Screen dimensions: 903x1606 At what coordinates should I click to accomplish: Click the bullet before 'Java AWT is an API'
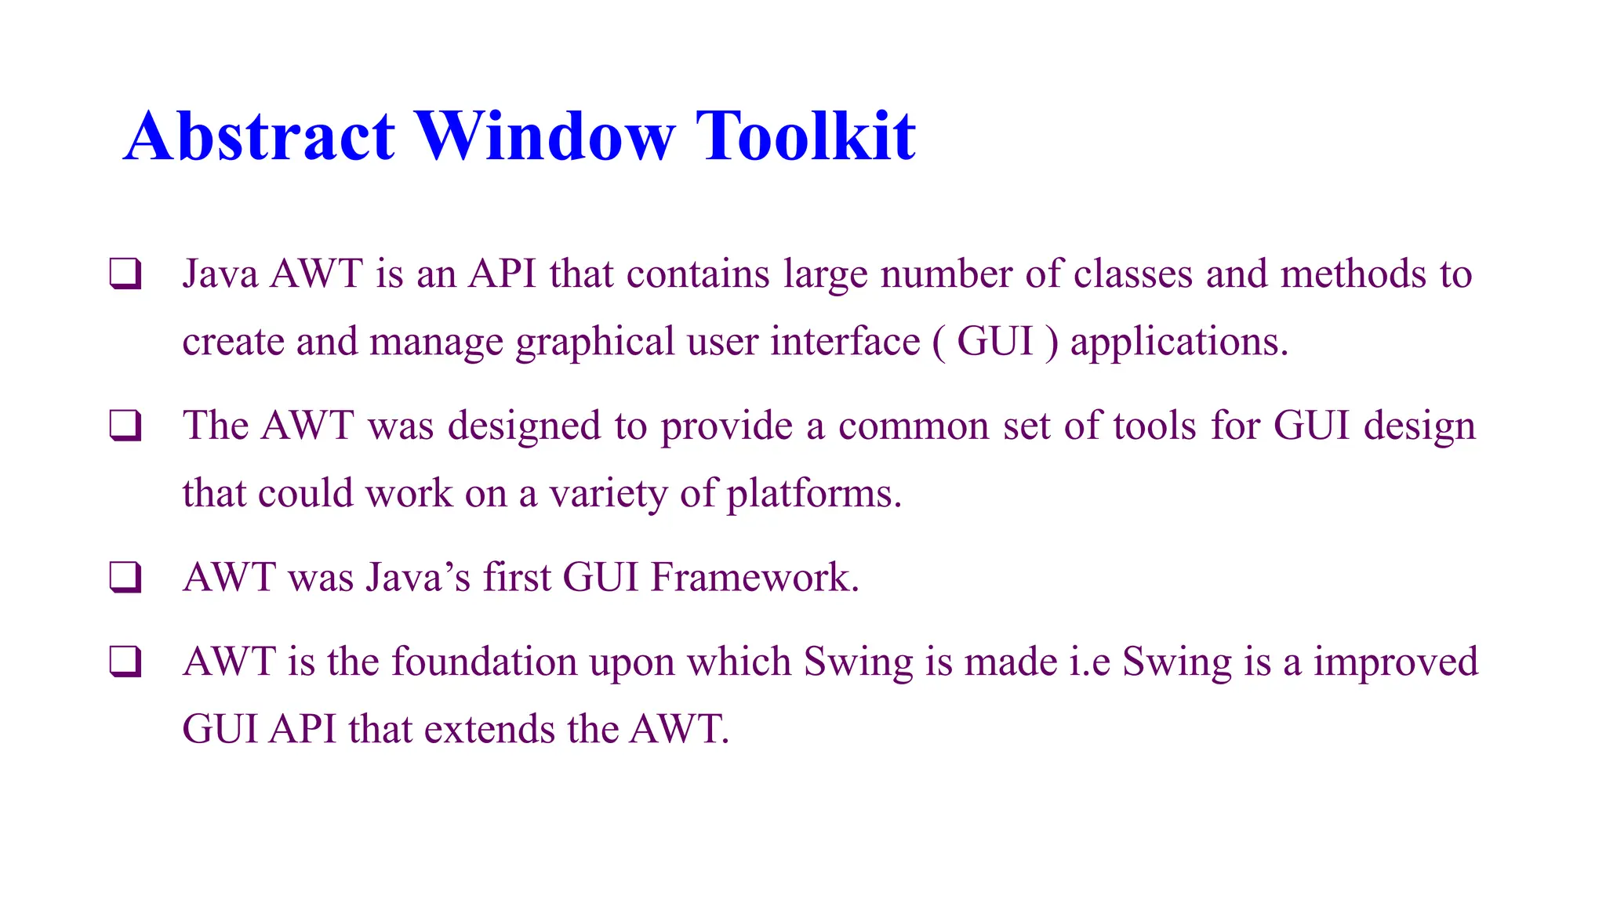(x=125, y=274)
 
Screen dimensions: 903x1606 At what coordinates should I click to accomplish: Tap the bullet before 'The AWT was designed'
(x=125, y=426)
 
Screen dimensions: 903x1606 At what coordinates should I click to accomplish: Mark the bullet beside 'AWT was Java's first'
(x=125, y=578)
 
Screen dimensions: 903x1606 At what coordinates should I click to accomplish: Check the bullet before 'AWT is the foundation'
(x=125, y=662)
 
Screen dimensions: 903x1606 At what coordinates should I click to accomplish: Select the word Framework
(x=754, y=578)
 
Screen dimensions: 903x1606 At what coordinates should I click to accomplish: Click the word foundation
(x=484, y=662)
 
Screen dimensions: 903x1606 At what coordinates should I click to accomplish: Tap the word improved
(x=1396, y=663)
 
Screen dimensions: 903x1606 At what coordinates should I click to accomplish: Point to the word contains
(x=698, y=274)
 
